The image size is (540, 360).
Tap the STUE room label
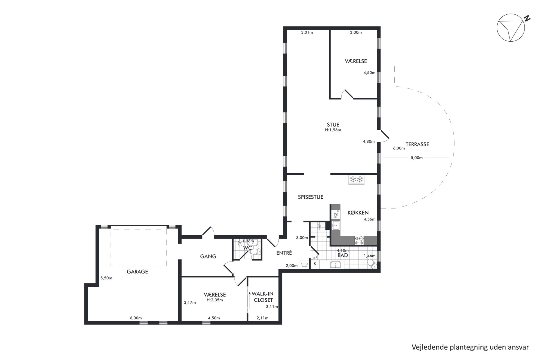tap(333, 125)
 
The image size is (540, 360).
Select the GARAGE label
tap(137, 272)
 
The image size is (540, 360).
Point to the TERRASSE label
tap(417, 144)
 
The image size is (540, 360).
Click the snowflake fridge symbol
tap(357, 179)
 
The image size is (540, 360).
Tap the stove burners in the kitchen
tap(359, 240)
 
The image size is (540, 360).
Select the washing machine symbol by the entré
tap(304, 265)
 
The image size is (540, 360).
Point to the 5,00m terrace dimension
tap(416, 158)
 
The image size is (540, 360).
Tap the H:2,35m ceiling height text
tap(215, 300)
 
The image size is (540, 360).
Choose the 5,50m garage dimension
tap(106, 278)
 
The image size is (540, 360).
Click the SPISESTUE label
tap(311, 197)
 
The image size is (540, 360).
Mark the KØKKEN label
tap(358, 213)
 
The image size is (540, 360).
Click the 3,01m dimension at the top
tap(307, 32)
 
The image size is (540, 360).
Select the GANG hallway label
tap(208, 256)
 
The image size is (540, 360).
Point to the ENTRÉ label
tap(284, 253)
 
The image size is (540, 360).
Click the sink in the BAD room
tap(335, 265)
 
